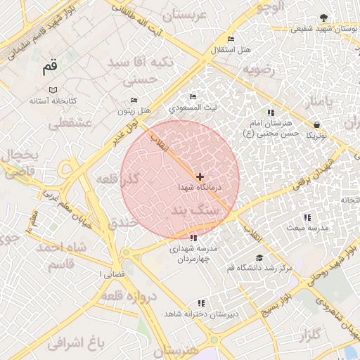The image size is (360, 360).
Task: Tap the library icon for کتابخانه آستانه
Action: pos(53,90)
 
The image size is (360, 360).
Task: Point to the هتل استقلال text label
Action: pos(230,51)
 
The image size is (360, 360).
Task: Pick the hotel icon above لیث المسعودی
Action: pos(193,97)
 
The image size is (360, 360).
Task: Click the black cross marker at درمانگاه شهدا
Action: pos(200,176)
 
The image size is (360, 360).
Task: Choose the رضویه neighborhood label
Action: pos(257,71)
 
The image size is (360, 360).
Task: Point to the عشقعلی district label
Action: pos(70,123)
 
